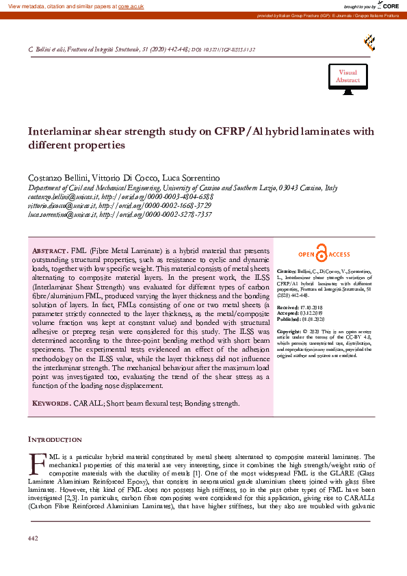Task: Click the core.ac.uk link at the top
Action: (131, 5)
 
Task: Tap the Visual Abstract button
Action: (347, 77)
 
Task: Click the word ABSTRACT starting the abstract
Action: (50, 252)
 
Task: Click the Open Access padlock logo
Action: (324, 254)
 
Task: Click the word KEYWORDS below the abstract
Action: (51, 404)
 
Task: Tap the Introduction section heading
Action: (55, 439)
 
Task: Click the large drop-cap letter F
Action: (38, 464)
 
